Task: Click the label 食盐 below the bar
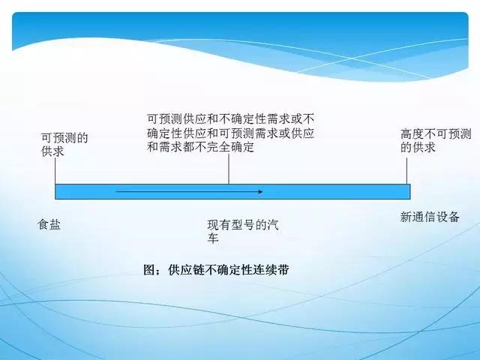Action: coord(49,223)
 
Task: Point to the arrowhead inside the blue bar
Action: coord(259,192)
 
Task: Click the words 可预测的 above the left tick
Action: coord(64,137)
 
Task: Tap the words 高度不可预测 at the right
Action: coord(436,133)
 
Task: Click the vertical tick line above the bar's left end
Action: coord(55,170)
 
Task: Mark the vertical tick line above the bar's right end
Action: coord(408,170)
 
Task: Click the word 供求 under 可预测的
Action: coord(53,151)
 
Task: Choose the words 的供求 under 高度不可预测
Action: coord(418,148)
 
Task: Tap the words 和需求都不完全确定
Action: coord(200,147)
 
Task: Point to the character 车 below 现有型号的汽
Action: coord(214,238)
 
